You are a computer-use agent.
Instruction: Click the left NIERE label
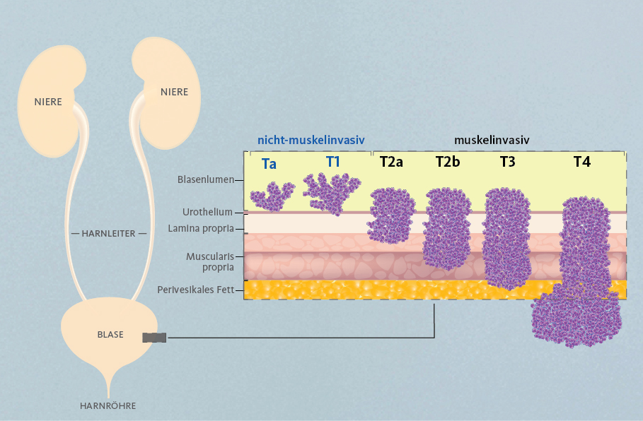click(x=48, y=102)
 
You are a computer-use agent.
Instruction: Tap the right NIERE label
click(x=174, y=92)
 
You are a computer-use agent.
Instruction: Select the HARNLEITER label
click(x=108, y=233)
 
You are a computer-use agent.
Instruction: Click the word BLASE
click(x=110, y=335)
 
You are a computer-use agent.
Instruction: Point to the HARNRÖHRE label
click(x=108, y=406)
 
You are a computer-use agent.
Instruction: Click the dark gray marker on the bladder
click(x=154, y=338)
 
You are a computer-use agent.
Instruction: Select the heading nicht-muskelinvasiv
click(x=311, y=140)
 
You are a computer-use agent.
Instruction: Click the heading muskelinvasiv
click(x=492, y=140)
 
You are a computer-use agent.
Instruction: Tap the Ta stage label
click(x=269, y=164)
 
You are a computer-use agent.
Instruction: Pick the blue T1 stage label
click(x=333, y=162)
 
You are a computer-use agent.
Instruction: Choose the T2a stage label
click(x=391, y=162)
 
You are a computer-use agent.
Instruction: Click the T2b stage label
click(x=447, y=162)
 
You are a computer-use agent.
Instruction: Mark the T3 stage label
click(x=507, y=162)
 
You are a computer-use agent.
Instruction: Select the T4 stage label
click(x=582, y=162)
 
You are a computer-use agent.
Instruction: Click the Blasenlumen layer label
click(x=206, y=179)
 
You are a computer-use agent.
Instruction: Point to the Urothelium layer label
click(x=207, y=212)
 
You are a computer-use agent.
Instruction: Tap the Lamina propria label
click(x=200, y=229)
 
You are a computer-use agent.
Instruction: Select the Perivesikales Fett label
click(x=196, y=290)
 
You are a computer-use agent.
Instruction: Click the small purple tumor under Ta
click(x=273, y=197)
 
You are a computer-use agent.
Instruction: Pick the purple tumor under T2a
click(x=391, y=216)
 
